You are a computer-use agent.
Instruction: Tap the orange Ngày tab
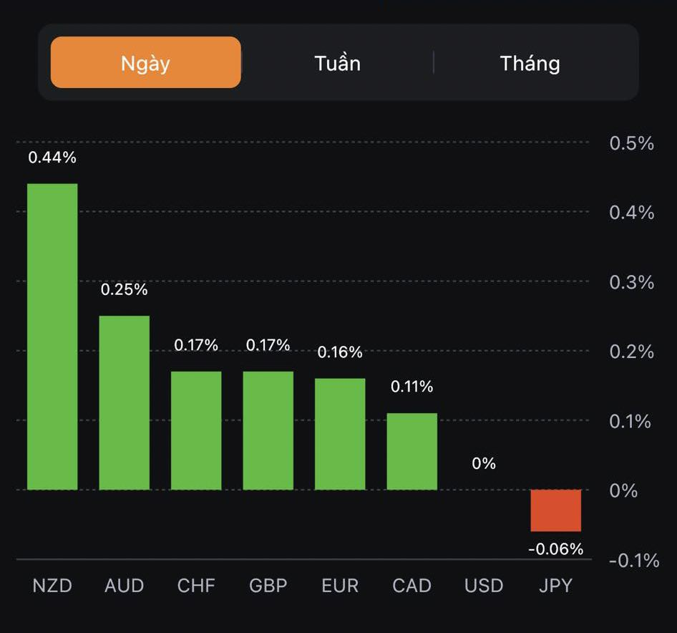coord(145,63)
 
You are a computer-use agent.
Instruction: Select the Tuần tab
coord(337,63)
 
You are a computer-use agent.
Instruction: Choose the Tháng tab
coord(530,63)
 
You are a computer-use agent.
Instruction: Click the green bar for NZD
coord(52,337)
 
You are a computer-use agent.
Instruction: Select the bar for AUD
coord(125,402)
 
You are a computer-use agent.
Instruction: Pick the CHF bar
coord(196,430)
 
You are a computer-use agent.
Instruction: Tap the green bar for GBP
coord(268,430)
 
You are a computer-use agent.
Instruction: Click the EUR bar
coord(340,434)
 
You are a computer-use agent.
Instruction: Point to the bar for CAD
coord(412,451)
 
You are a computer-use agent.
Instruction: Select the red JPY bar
coord(556,510)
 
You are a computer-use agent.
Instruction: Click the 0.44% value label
coord(52,158)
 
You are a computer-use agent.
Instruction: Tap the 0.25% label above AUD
coord(125,290)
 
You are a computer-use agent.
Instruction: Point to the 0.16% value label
coord(340,352)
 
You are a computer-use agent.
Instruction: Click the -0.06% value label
coord(556,549)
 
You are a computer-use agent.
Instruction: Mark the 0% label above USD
coord(484,463)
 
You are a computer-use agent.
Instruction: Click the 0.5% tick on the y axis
coord(631,143)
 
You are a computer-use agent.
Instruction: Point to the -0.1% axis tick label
coord(633,560)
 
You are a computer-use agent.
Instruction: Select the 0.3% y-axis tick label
coord(631,282)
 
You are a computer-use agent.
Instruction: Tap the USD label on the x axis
coord(484,586)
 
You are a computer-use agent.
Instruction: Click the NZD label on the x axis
coord(52,586)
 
